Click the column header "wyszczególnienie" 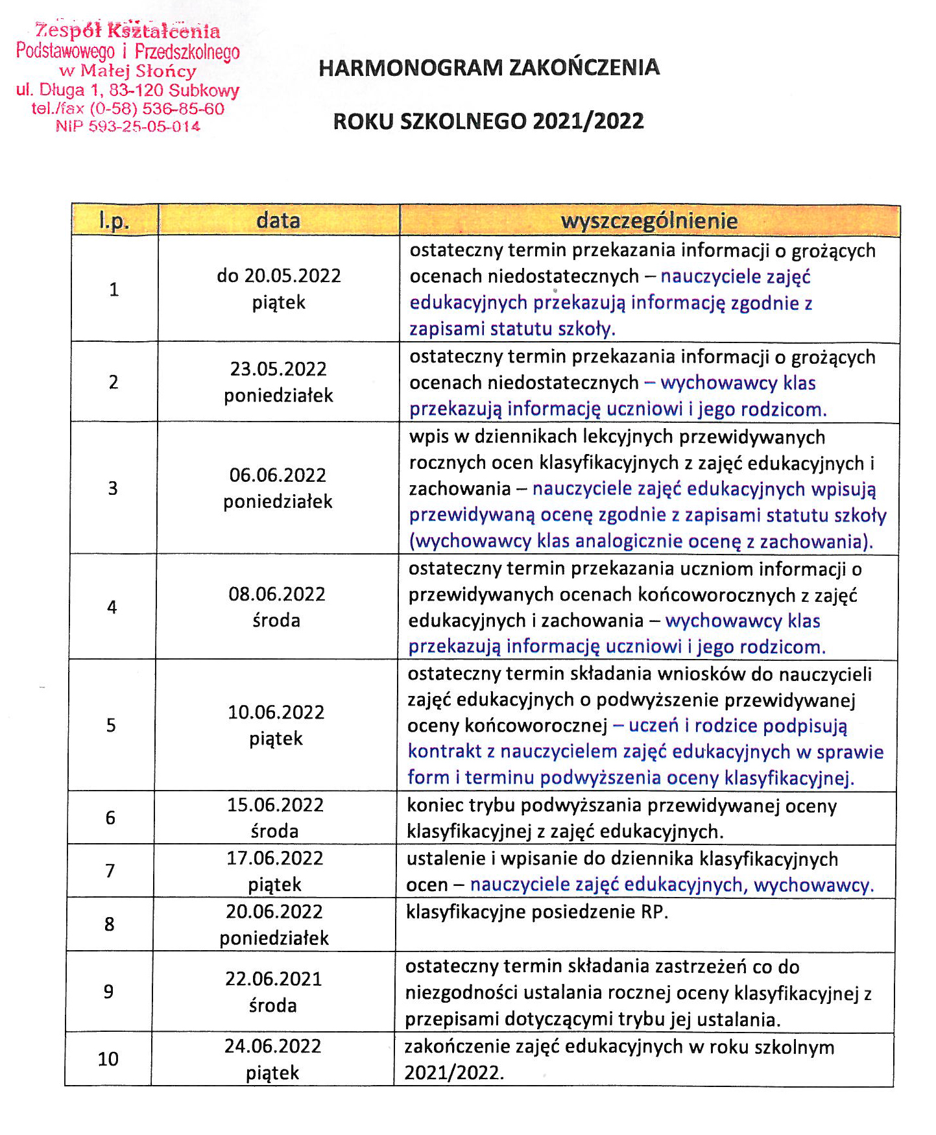click(649, 221)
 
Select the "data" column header click(278, 221)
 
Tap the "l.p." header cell click(114, 221)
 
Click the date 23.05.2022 click(278, 369)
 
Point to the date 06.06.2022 click(278, 475)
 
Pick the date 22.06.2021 click(274, 979)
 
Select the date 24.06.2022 click(273, 1046)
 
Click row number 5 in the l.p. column click(111, 725)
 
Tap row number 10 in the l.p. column click(108, 1059)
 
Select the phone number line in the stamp click(128, 108)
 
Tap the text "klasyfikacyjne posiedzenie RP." click(536, 912)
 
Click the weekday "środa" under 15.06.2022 click(274, 831)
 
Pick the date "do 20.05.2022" click(278, 276)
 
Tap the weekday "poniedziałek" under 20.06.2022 click(274, 938)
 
